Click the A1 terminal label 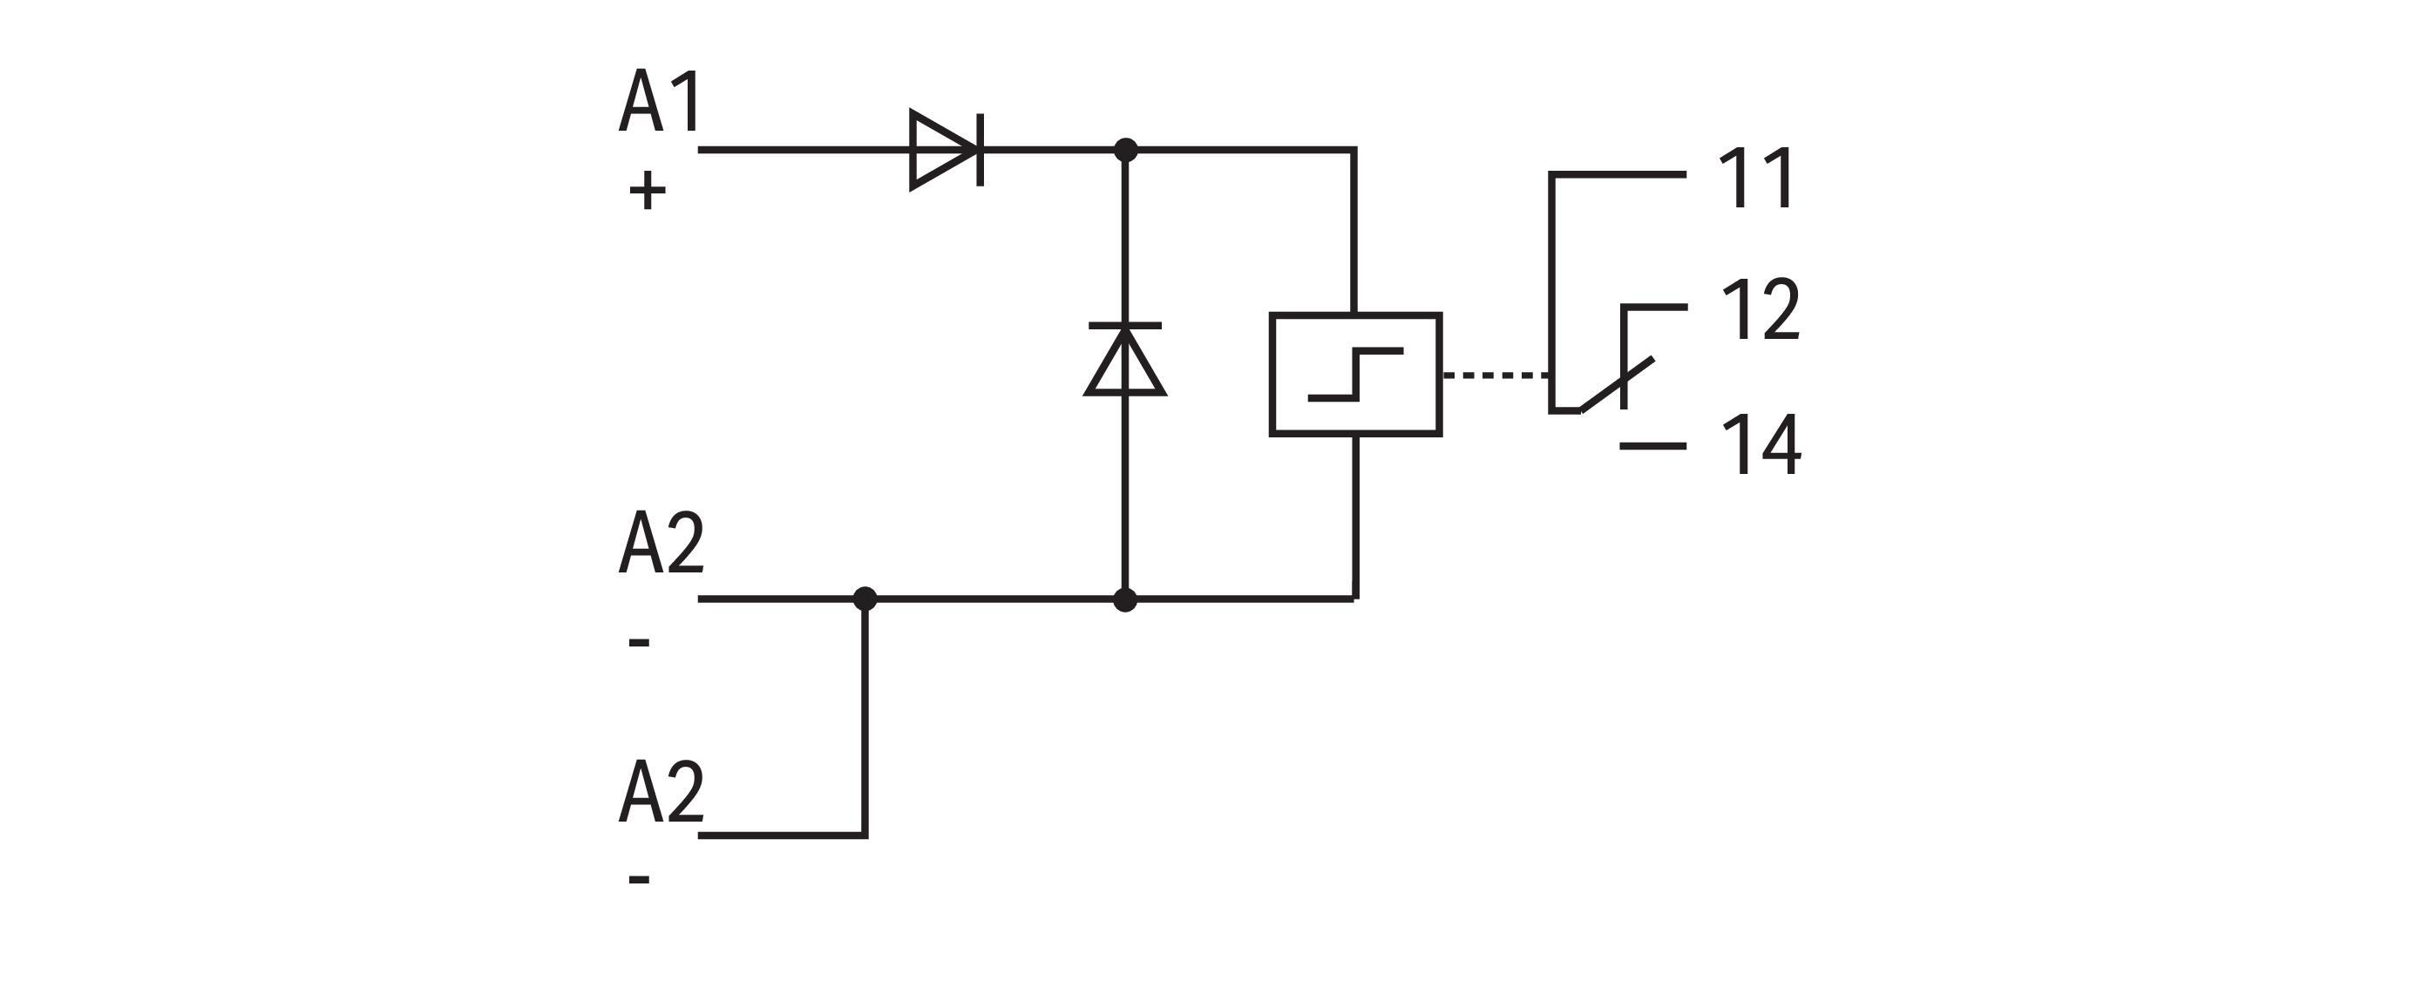tap(660, 101)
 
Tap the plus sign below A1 tap(647, 192)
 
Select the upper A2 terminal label tap(661, 542)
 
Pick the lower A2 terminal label tap(661, 791)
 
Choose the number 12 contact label tap(1761, 309)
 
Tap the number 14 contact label tap(1761, 445)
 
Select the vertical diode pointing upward tap(1125, 359)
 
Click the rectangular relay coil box tap(1355, 375)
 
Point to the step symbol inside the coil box tap(1355, 375)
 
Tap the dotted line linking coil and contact tap(1496, 376)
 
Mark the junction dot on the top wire tap(1125, 150)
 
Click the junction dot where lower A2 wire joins tap(865, 599)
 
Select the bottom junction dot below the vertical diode tap(1125, 599)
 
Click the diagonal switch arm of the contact tap(1616, 384)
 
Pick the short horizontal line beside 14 tap(1653, 445)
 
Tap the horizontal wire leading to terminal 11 tap(1618, 174)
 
